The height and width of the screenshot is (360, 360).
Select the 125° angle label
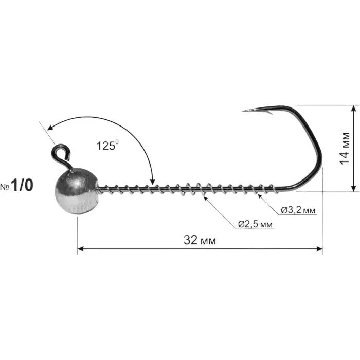click(x=107, y=146)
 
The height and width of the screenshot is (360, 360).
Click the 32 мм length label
click(x=200, y=240)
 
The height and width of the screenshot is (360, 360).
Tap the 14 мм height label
click(x=345, y=148)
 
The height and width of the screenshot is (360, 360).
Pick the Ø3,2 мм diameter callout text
click(x=298, y=210)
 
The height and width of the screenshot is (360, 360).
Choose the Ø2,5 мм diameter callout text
click(x=255, y=224)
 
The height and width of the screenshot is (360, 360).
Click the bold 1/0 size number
click(x=22, y=185)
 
